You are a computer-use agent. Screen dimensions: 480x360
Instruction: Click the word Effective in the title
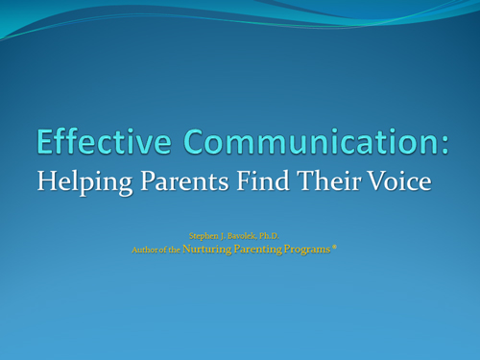[x=104, y=141]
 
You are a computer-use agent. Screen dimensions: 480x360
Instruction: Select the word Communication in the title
[x=310, y=141]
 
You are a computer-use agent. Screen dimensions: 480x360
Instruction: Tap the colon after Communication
[x=444, y=146]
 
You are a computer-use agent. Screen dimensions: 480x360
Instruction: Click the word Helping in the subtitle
[x=84, y=182]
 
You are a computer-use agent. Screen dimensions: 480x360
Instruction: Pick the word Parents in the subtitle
[x=184, y=181]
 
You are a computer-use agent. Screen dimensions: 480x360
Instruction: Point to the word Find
[x=263, y=180]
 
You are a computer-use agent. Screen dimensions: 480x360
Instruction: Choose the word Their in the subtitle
[x=328, y=180]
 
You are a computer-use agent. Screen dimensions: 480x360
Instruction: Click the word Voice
[x=399, y=180]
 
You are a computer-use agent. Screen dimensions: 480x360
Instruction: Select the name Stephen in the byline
[x=204, y=236]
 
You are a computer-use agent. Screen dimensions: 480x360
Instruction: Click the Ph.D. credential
[x=269, y=236]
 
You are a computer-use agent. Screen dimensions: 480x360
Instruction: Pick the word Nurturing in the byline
[x=206, y=250]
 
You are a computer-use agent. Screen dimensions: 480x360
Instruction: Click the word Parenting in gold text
[x=258, y=250]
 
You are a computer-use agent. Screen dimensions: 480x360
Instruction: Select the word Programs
[x=307, y=250]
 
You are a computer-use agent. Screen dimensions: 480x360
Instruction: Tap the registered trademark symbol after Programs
[x=334, y=247]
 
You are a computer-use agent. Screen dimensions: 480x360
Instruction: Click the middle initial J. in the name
[x=223, y=236]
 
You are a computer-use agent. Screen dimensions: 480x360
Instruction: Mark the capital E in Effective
[x=44, y=141]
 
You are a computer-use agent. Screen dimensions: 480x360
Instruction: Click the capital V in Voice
[x=377, y=180]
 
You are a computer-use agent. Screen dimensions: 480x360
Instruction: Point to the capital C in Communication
[x=195, y=141]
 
